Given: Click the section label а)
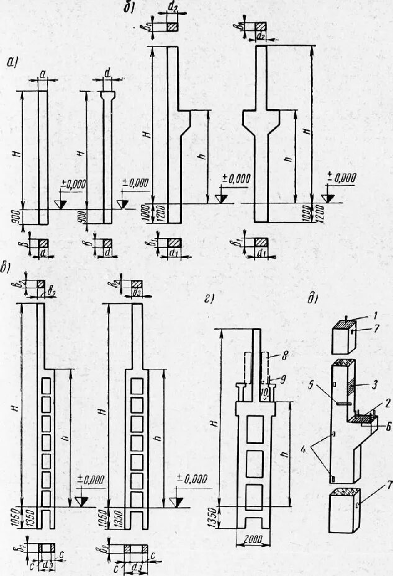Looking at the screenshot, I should coord(12,61).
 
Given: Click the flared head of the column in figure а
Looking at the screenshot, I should coord(108,95).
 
